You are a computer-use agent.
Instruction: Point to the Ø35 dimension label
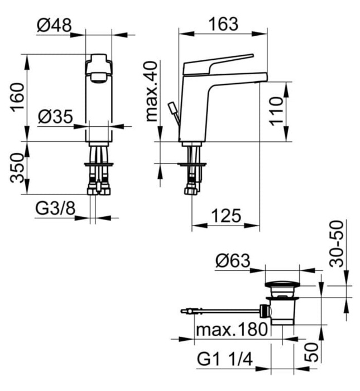[55, 117]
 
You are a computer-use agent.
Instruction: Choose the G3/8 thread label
[55, 208]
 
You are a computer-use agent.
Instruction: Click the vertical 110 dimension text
[274, 111]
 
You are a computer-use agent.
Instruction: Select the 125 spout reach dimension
[225, 216]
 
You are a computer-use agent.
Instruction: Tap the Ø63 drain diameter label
[233, 260]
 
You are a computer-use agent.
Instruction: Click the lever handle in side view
[220, 64]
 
